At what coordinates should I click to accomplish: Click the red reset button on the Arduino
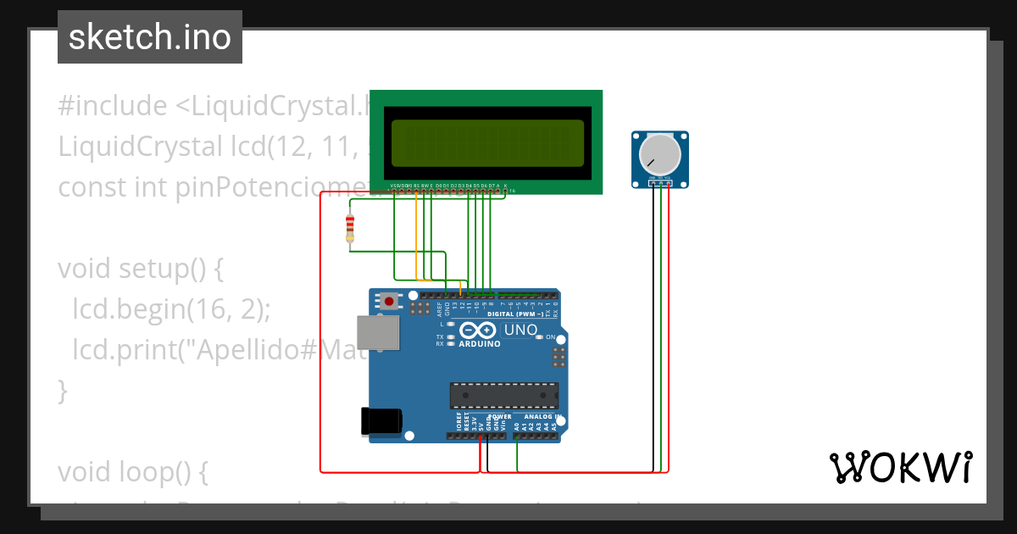389,301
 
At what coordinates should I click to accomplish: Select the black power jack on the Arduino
381,421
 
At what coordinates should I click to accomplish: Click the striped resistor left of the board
350,227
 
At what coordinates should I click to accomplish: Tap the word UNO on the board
520,330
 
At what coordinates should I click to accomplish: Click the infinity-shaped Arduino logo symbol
480,331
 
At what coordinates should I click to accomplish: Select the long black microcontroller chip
504,395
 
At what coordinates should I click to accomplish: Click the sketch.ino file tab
150,37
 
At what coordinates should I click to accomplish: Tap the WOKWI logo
900,467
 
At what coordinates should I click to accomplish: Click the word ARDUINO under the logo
480,344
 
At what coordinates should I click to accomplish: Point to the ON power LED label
551,337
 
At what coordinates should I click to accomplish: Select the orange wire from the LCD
415,237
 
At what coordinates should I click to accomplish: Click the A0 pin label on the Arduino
516,427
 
